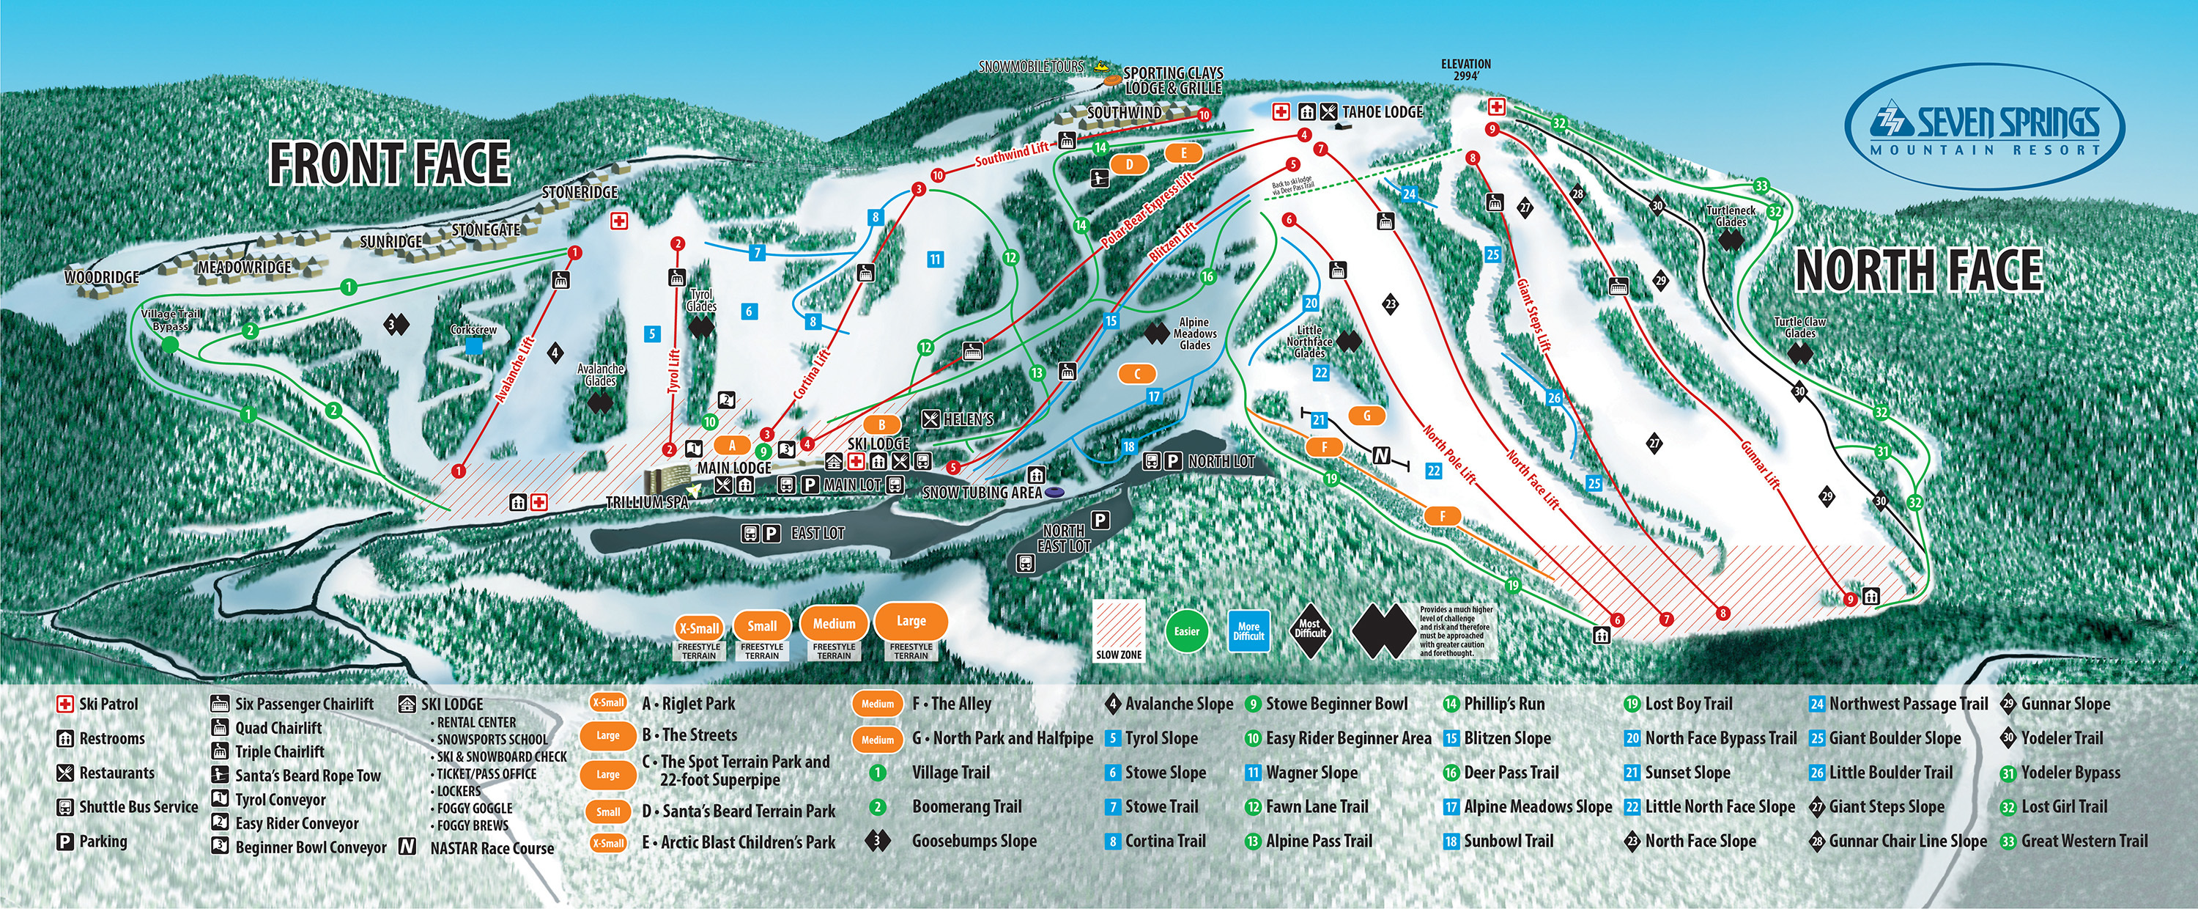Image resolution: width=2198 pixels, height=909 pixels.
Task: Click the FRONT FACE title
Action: tap(389, 164)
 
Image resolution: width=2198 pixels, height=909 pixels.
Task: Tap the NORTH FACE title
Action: tap(1918, 271)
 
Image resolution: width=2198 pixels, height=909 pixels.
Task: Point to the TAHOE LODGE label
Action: tap(1383, 112)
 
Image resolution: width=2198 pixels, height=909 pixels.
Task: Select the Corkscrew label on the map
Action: tap(473, 329)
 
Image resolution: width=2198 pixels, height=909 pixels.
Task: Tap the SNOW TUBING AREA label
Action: tap(982, 493)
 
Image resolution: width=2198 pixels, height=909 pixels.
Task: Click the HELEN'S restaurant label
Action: tap(968, 419)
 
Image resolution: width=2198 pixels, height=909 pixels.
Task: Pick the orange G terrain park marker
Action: tap(1367, 416)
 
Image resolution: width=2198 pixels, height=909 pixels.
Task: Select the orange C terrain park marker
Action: tap(1136, 373)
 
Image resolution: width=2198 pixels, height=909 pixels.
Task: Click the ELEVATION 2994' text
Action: tap(1466, 69)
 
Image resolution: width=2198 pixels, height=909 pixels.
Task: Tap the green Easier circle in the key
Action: tap(1187, 632)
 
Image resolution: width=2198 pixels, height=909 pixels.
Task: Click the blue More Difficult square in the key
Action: tap(1248, 632)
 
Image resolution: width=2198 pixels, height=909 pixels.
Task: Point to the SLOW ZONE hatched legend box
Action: tap(1119, 630)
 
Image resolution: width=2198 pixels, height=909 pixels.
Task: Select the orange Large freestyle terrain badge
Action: tap(911, 622)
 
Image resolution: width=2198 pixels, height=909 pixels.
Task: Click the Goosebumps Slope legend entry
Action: tap(974, 841)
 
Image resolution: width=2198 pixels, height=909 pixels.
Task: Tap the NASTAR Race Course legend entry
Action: tap(492, 847)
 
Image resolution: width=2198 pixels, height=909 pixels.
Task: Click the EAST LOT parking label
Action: tap(817, 534)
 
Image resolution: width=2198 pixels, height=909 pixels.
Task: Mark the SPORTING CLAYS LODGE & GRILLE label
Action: tap(1173, 80)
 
